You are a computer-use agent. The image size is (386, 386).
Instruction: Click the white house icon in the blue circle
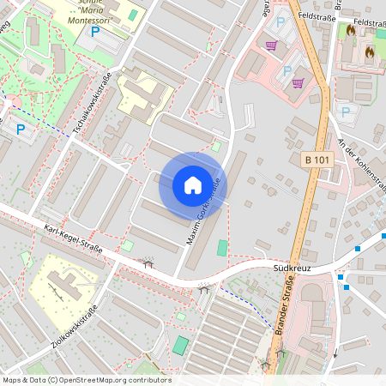pyautogui.click(x=193, y=184)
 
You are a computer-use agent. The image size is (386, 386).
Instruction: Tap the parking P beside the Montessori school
pyautogui.click(x=95, y=31)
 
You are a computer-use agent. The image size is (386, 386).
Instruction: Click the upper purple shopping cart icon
pyautogui.click(x=272, y=46)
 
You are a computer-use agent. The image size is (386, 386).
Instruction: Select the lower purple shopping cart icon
pyautogui.click(x=298, y=83)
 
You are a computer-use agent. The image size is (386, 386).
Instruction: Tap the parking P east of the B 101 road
pyautogui.click(x=346, y=111)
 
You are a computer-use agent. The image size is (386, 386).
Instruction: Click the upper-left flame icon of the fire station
pyautogui.click(x=350, y=31)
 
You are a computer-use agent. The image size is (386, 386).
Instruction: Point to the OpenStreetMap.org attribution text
pyautogui.click(x=112, y=380)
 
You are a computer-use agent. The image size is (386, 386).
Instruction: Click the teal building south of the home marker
pyautogui.click(x=223, y=248)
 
